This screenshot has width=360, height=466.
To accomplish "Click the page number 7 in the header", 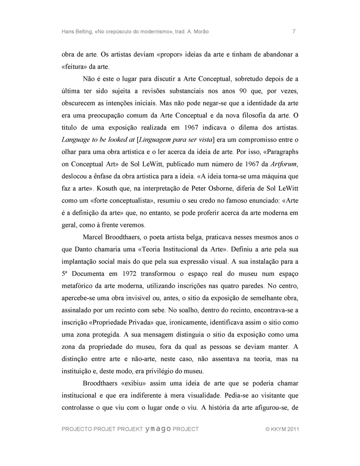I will pos(293,32).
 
